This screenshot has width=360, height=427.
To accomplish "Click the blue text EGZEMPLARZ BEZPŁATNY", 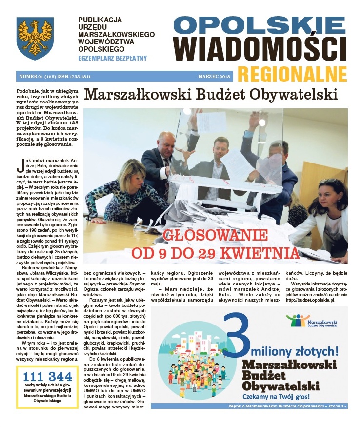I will (112, 58).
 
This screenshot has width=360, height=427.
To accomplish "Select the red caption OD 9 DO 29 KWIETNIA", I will (215, 253).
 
